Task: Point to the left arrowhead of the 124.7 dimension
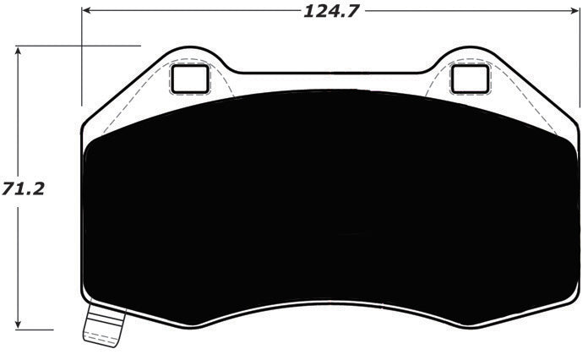pos(87,13)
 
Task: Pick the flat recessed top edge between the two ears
pos(329,74)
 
